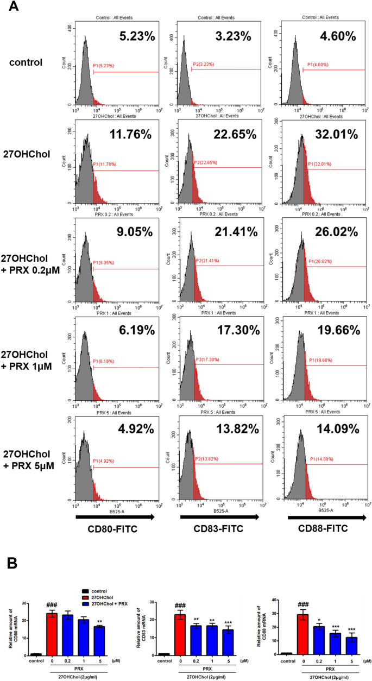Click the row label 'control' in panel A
pos(26,62)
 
